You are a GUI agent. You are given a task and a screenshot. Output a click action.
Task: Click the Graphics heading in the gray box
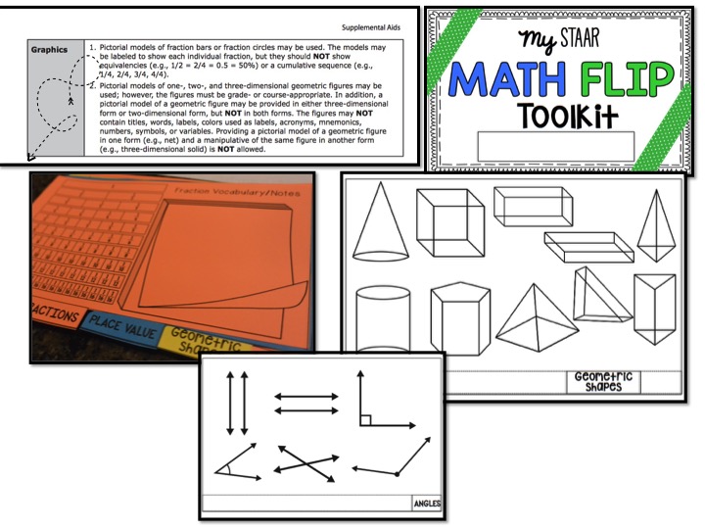49,47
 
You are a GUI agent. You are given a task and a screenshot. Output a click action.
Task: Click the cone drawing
380,224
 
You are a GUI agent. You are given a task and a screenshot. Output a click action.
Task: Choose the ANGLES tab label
427,505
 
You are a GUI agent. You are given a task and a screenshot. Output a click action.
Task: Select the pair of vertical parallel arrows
237,403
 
